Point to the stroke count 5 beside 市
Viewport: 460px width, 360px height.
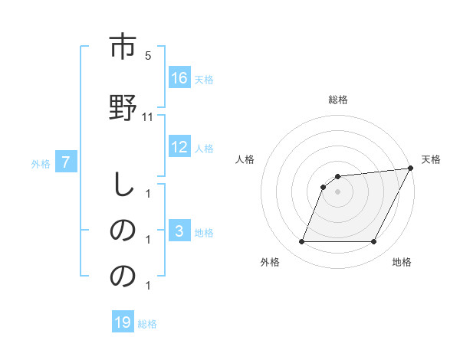(x=148, y=56)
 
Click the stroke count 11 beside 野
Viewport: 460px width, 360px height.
(x=148, y=117)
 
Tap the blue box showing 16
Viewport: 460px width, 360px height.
(x=179, y=77)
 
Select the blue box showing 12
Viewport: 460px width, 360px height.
(x=179, y=148)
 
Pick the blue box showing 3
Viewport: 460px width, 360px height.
(x=179, y=231)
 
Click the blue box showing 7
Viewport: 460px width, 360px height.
(x=66, y=162)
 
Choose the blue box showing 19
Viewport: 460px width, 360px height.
(x=123, y=322)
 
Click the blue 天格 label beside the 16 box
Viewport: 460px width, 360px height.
(x=204, y=79)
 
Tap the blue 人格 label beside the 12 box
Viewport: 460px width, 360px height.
(x=204, y=149)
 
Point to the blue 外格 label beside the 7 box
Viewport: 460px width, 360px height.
(x=41, y=163)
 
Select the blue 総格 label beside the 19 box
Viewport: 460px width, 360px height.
(x=147, y=324)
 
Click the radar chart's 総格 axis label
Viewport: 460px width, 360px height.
(x=338, y=100)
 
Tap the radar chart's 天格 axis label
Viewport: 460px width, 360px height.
(x=432, y=159)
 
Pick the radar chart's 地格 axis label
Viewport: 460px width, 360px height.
(x=402, y=262)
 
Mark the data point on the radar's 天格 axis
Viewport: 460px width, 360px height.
(x=411, y=169)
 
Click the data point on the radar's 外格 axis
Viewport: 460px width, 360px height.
(x=301, y=242)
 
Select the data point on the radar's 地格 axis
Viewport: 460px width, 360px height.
(x=374, y=242)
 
